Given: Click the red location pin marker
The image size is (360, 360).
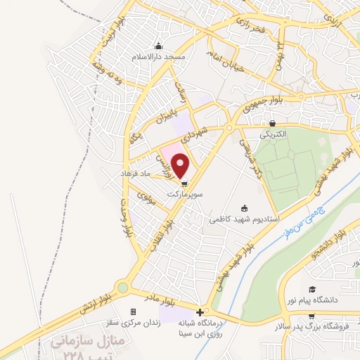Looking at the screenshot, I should pyautogui.click(x=181, y=166).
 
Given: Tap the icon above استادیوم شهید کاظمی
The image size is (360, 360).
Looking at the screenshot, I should pyautogui.click(x=244, y=208).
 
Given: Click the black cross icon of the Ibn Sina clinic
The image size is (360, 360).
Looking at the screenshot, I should pyautogui.click(x=200, y=311).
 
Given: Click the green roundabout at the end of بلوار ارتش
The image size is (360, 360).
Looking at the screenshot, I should pyautogui.click(x=124, y=287).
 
